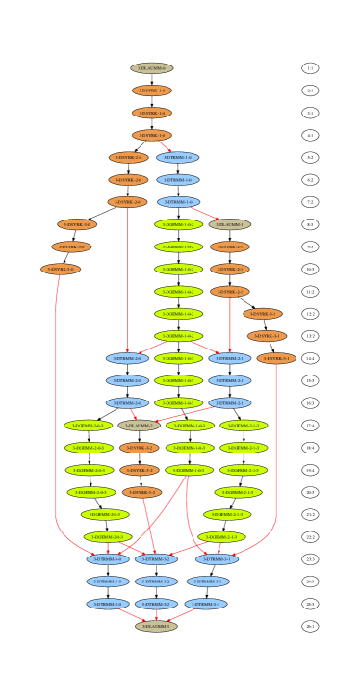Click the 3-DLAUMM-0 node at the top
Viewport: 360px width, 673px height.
tap(152, 68)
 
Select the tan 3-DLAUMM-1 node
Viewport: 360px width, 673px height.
tap(229, 224)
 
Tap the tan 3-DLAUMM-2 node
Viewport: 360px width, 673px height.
tap(139, 425)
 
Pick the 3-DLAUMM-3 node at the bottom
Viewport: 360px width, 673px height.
tap(156, 626)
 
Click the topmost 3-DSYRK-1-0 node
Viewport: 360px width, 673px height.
tap(152, 91)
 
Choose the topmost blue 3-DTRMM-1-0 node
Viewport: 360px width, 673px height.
tap(177, 157)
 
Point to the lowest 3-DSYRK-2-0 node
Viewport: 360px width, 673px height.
tap(127, 202)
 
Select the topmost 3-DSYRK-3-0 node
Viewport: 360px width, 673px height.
tap(77, 224)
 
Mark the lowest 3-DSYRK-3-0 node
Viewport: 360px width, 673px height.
tap(61, 270)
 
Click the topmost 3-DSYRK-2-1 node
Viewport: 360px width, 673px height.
tap(229, 246)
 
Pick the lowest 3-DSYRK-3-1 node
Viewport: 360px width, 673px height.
tap(276, 358)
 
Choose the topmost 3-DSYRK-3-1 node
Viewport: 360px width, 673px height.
tap(263, 314)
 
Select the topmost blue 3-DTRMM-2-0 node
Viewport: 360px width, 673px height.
tap(127, 358)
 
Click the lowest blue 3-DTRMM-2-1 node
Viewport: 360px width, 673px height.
tap(229, 403)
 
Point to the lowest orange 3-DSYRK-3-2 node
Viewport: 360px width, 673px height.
tap(141, 492)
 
